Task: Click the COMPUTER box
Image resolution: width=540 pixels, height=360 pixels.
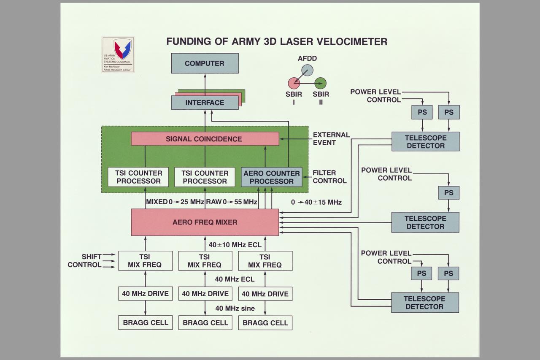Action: click(x=205, y=63)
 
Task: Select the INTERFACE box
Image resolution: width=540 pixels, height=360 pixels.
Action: click(x=205, y=103)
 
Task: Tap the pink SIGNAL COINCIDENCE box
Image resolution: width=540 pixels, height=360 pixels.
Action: click(x=205, y=139)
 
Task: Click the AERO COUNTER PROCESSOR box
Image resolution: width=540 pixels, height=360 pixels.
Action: click(x=272, y=177)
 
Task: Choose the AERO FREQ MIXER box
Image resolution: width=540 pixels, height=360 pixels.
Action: click(x=205, y=222)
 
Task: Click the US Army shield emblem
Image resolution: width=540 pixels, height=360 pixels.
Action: click(x=122, y=49)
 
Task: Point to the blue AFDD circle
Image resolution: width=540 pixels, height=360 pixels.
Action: click(x=307, y=70)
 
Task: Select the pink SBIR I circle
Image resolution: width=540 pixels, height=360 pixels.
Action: click(x=294, y=83)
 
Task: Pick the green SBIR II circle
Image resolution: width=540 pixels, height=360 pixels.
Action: click(x=321, y=83)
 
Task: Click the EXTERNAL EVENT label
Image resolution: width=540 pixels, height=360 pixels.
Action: click(x=331, y=138)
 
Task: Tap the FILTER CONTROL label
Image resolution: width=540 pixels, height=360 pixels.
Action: click(x=329, y=177)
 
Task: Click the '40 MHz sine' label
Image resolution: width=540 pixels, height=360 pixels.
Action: click(x=235, y=309)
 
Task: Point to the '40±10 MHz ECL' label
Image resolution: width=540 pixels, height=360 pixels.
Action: click(x=235, y=245)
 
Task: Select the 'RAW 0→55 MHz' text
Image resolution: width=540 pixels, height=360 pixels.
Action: click(x=232, y=202)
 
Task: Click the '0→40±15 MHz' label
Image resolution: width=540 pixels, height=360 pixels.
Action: click(x=316, y=202)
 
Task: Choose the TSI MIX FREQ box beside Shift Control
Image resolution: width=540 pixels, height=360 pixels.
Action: click(x=145, y=261)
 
